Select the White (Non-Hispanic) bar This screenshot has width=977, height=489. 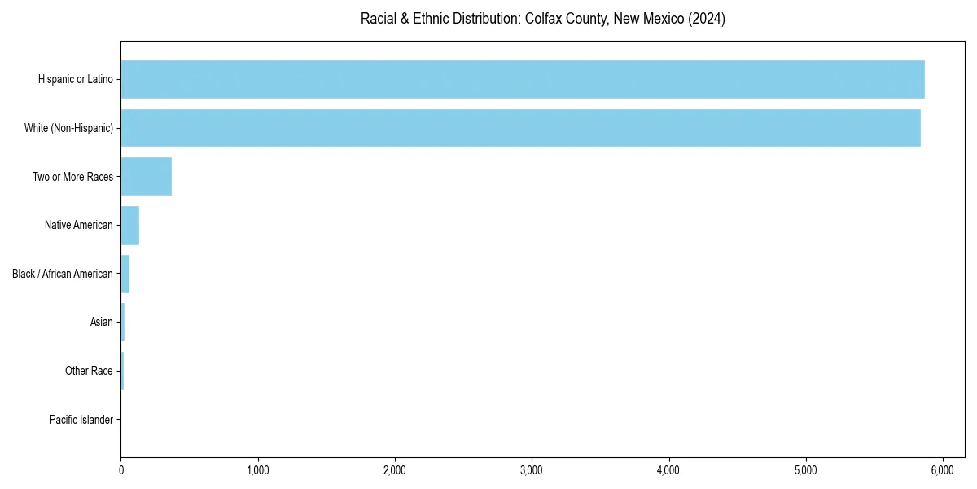[521, 128]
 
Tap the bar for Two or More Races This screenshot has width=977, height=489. [147, 177]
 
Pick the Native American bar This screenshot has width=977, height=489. [130, 225]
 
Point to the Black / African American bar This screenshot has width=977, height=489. [125, 274]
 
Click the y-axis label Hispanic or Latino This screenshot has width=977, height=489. [76, 79]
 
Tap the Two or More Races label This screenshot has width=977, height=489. [72, 177]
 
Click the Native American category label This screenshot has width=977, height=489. [79, 225]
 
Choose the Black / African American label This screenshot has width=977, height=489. [63, 274]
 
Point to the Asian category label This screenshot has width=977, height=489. [102, 323]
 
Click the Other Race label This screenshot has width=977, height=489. [89, 372]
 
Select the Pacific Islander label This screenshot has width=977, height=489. [81, 420]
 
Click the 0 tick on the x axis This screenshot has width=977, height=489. [121, 471]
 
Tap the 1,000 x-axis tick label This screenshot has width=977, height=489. [258, 471]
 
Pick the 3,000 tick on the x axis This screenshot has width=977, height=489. [532, 471]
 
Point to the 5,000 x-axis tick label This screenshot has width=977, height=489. [805, 471]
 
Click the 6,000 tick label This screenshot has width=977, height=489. [942, 471]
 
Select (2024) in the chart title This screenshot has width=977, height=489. [707, 19]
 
